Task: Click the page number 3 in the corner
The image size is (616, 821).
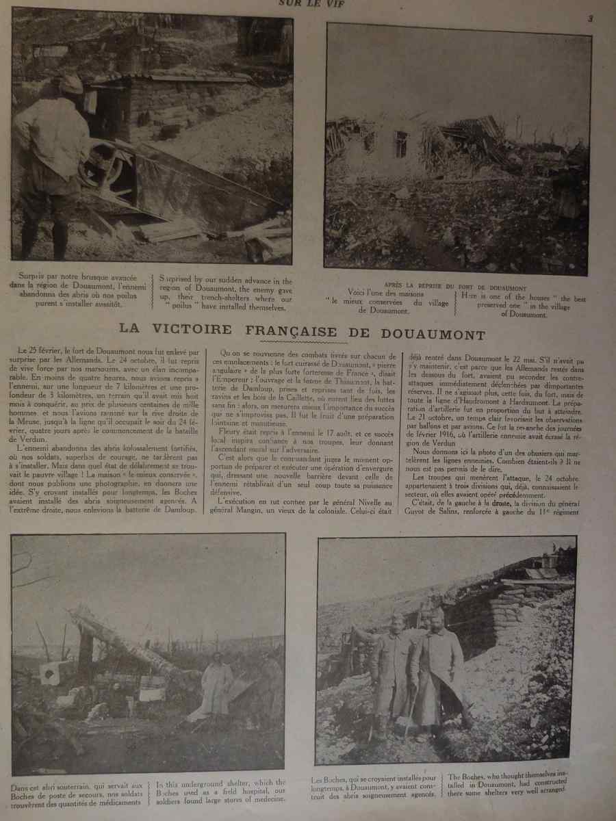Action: pos(590,19)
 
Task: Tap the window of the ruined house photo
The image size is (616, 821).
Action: pos(401,144)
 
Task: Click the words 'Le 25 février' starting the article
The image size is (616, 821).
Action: pos(39,351)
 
